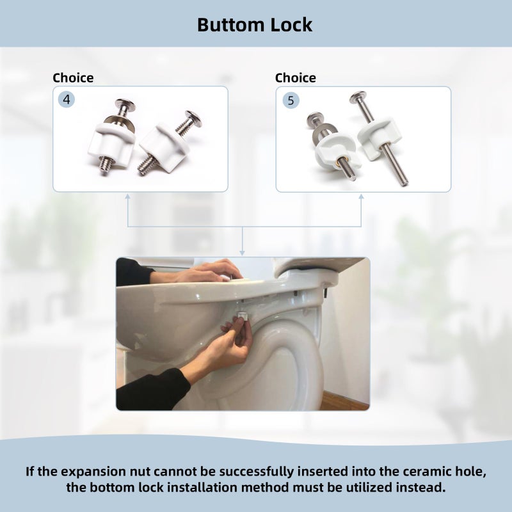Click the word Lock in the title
(292, 25)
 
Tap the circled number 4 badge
(67, 99)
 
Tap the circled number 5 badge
(291, 100)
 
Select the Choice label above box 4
(73, 77)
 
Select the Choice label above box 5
(296, 77)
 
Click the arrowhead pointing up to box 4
(127, 196)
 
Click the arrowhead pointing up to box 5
(361, 197)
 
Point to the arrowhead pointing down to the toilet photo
(242, 253)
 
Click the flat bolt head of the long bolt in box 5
(358, 97)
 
